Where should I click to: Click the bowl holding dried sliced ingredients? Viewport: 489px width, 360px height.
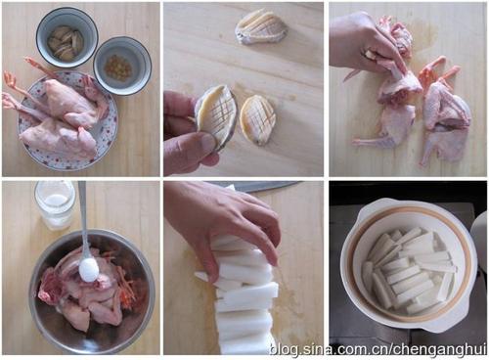point(67,37)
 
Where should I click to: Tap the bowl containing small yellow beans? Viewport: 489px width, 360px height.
point(122,67)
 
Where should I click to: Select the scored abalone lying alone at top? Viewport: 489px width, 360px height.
point(261,26)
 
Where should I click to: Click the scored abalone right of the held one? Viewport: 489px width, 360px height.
point(257,119)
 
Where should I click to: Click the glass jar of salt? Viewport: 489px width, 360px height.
point(55,205)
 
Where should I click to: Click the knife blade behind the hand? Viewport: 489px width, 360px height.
point(264,187)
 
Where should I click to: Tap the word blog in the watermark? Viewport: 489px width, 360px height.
point(284,349)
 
